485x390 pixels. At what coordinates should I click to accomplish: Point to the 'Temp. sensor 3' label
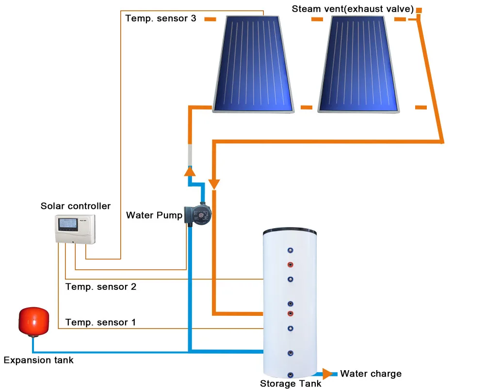tap(161, 18)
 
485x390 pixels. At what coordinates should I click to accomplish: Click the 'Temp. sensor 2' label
tap(101, 287)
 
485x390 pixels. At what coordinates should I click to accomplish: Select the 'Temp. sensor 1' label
tap(101, 322)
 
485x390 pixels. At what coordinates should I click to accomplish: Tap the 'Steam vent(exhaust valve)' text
tap(352, 9)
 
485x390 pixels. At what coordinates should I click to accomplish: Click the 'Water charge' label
tap(371, 374)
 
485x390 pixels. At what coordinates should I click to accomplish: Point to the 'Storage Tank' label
tap(291, 384)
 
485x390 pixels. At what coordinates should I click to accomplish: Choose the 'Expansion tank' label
tap(39, 360)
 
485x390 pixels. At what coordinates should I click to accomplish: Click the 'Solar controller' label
tap(76, 206)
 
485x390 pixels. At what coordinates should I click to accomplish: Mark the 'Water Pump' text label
tap(154, 215)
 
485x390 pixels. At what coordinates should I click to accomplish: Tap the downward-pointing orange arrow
tap(214, 184)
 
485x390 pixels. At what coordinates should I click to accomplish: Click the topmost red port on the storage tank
tap(290, 265)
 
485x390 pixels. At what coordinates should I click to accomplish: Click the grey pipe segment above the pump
tap(190, 155)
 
